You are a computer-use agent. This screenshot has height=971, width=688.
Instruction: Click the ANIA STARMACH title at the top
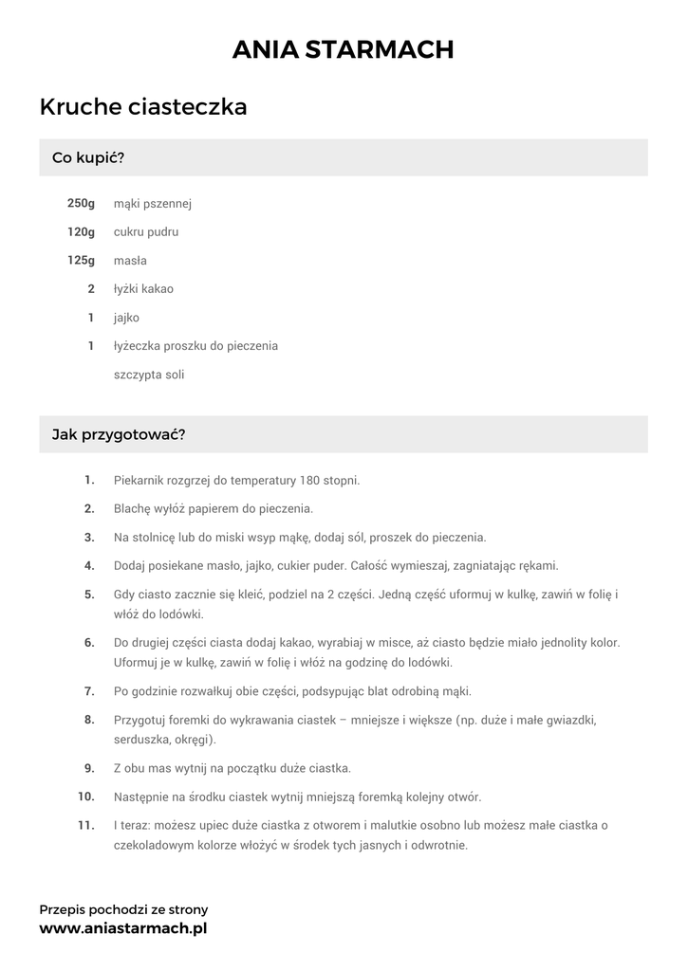(344, 49)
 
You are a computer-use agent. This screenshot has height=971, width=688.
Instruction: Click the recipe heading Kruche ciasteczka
(143, 107)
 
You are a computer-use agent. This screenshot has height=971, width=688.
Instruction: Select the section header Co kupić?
(88, 157)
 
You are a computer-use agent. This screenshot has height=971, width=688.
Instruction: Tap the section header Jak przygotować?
(119, 434)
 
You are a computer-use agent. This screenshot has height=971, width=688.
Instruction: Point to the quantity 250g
(81, 204)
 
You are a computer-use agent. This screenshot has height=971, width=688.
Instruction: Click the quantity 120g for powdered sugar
(81, 232)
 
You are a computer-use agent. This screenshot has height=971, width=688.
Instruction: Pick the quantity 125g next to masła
(81, 261)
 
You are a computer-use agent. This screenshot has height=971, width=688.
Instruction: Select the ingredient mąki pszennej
(153, 204)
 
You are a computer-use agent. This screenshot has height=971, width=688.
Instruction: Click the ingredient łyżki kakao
(143, 289)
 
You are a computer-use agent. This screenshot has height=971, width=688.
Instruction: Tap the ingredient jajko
(126, 318)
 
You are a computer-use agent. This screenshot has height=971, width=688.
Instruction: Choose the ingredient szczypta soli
(149, 375)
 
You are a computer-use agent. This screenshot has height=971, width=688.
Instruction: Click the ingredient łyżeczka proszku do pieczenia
(195, 346)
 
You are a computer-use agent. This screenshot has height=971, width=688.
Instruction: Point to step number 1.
(89, 480)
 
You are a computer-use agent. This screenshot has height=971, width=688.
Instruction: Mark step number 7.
(89, 690)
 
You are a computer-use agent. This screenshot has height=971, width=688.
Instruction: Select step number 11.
(85, 825)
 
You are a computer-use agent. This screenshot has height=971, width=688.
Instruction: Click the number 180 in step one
(309, 480)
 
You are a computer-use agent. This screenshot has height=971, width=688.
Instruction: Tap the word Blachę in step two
(132, 508)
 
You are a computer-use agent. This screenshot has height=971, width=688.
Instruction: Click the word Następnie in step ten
(142, 797)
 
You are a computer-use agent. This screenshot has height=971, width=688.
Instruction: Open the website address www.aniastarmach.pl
(122, 928)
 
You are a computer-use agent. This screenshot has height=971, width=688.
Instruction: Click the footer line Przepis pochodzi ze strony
(123, 908)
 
